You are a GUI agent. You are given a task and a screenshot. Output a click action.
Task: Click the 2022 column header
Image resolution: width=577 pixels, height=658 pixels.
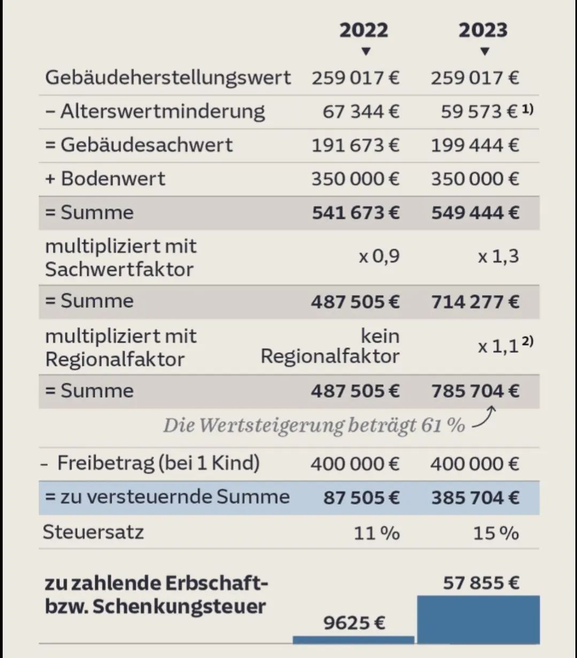(364, 30)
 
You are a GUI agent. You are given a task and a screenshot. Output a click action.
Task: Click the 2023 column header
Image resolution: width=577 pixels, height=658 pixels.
(482, 30)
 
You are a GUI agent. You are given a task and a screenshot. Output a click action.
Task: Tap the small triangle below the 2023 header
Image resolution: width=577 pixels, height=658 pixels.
(484, 52)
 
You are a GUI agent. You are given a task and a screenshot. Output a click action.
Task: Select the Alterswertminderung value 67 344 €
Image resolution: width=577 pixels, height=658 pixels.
(361, 112)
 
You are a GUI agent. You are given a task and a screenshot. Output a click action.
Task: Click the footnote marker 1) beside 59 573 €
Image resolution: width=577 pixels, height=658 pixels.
(528, 109)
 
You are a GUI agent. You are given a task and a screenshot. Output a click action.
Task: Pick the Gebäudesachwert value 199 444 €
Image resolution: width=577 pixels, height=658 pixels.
(475, 145)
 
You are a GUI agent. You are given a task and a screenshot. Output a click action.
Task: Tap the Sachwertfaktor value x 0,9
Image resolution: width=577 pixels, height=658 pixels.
(379, 257)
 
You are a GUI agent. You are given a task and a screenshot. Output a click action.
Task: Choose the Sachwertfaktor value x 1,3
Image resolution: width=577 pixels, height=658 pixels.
(498, 257)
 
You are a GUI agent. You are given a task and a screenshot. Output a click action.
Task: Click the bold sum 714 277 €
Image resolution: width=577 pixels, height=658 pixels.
(475, 302)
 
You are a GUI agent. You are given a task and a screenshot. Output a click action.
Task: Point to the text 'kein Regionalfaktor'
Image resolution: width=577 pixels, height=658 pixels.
(330, 346)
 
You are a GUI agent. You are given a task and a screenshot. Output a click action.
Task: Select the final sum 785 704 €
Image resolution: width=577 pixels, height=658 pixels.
(475, 391)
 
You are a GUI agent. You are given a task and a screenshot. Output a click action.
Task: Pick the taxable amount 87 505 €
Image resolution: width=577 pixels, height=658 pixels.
(361, 498)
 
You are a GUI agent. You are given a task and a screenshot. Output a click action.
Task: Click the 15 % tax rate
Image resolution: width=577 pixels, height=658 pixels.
(496, 533)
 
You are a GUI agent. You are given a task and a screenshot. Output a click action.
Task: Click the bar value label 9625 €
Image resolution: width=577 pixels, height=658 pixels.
(354, 623)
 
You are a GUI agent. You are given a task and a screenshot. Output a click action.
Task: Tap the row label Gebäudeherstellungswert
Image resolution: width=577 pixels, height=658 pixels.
(168, 78)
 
